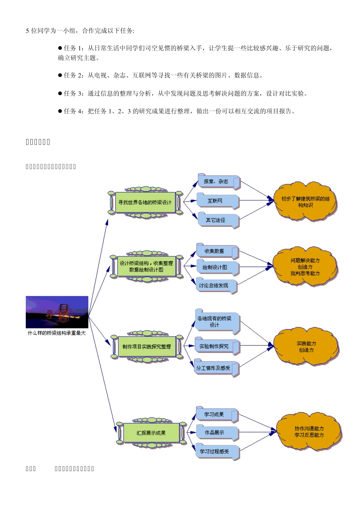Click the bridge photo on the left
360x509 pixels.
click(x=57, y=312)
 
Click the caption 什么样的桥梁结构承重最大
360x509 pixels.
click(x=57, y=333)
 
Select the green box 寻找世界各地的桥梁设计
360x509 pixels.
click(x=145, y=203)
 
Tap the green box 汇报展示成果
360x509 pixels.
click(x=151, y=433)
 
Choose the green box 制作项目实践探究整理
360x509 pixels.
click(x=147, y=347)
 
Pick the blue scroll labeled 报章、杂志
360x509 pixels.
click(x=218, y=182)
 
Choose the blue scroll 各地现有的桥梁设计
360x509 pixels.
click(x=216, y=322)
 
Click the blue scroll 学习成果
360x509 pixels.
click(x=216, y=415)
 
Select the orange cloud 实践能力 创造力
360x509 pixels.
click(x=306, y=347)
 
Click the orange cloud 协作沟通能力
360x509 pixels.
click(x=309, y=432)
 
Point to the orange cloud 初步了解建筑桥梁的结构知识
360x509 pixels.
click(x=305, y=202)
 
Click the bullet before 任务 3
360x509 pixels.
click(x=60, y=93)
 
